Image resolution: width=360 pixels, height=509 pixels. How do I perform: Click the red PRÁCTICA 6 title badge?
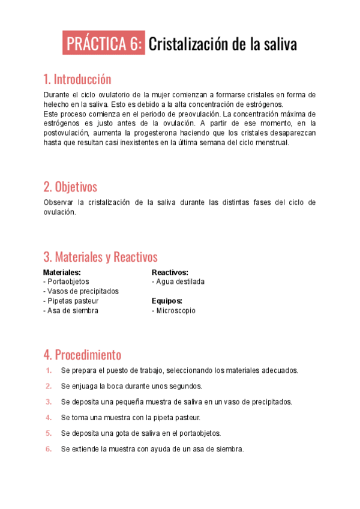pos(104,44)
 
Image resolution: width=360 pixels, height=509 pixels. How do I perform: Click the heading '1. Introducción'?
pos(77,79)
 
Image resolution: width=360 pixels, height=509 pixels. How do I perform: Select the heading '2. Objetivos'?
pos(70,187)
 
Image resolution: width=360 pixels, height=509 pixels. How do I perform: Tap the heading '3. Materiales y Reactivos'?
pos(100,257)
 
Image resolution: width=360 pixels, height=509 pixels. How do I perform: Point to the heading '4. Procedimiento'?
pos(82,354)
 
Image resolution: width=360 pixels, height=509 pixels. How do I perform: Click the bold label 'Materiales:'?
pos(62,272)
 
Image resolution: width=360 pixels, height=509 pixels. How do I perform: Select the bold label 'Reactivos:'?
pos(170,272)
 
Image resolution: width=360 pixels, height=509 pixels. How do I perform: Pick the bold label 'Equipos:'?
pos(167,301)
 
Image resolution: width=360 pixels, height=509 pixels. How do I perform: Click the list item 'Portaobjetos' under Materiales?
pos(68,282)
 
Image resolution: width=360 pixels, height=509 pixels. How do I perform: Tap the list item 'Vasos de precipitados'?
pos(82,291)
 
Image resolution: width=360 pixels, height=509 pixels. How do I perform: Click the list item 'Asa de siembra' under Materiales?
pos(72,310)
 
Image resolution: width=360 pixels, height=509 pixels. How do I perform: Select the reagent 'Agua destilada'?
pos(179,282)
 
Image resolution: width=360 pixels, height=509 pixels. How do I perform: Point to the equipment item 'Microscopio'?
pos(175,310)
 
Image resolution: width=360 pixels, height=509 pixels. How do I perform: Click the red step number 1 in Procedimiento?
pos(49,370)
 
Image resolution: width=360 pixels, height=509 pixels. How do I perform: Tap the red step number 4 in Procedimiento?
pos(49,417)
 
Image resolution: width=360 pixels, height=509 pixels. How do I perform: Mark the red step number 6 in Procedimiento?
pos(49,448)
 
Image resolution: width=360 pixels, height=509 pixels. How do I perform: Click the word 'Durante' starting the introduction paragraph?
pos(57,95)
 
